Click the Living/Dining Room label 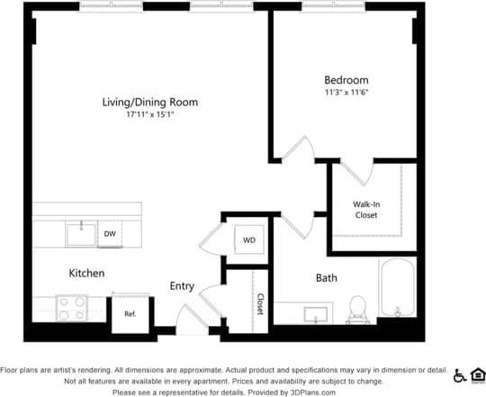[149, 103]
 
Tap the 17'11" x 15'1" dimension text [149, 115]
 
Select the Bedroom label [346, 79]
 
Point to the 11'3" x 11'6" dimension [346, 92]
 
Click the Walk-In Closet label [365, 210]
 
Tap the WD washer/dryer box [249, 240]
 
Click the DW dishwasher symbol [110, 233]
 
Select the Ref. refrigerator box [130, 314]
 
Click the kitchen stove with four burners [71, 309]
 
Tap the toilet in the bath [358, 309]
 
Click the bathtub [396, 288]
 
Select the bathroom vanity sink [316, 314]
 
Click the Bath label [326, 278]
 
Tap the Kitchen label [86, 273]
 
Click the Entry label [182, 286]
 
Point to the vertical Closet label [260, 303]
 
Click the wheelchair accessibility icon [460, 375]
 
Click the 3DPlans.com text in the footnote [311, 392]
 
